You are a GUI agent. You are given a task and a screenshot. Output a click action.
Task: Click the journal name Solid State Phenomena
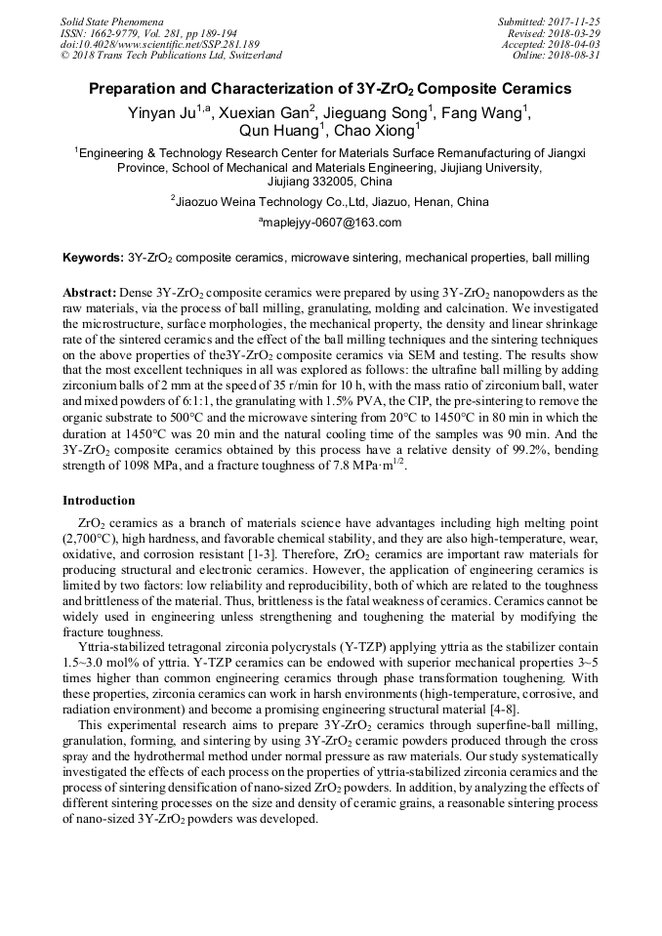point(111,21)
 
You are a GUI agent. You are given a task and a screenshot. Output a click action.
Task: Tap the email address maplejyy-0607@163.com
point(333,223)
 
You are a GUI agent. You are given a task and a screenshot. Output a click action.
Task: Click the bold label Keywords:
point(93,259)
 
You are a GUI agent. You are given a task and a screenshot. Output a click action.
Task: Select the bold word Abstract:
point(90,293)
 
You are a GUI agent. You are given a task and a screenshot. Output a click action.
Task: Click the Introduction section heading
point(99,500)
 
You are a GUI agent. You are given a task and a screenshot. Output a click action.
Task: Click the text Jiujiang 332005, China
point(330,182)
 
